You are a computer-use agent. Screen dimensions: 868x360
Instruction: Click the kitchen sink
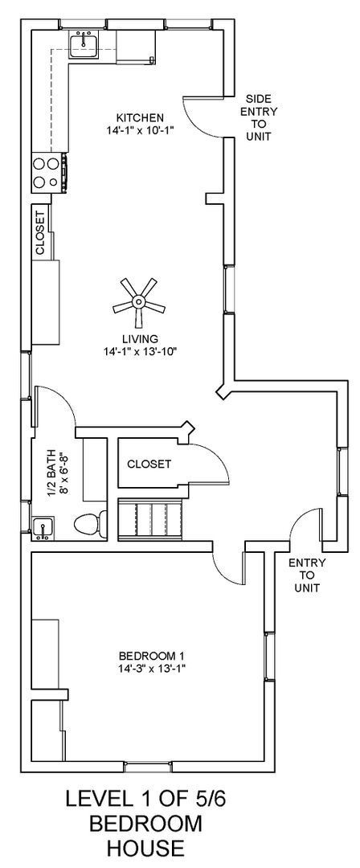pyautogui.click(x=84, y=45)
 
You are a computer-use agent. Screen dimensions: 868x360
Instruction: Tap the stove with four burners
pyautogui.click(x=48, y=172)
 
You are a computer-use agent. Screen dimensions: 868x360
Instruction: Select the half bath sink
pyautogui.click(x=42, y=527)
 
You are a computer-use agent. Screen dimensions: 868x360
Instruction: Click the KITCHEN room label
pyautogui.click(x=140, y=117)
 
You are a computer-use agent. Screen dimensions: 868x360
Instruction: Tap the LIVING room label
pyautogui.click(x=140, y=338)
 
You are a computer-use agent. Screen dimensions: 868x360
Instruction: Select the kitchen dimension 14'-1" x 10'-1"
pyautogui.click(x=140, y=129)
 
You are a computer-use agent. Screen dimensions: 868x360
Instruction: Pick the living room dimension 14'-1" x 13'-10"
pyautogui.click(x=140, y=351)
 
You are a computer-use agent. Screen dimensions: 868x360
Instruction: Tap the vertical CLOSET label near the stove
pyautogui.click(x=40, y=234)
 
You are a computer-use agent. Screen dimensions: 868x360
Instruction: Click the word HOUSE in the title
pyautogui.click(x=134, y=847)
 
